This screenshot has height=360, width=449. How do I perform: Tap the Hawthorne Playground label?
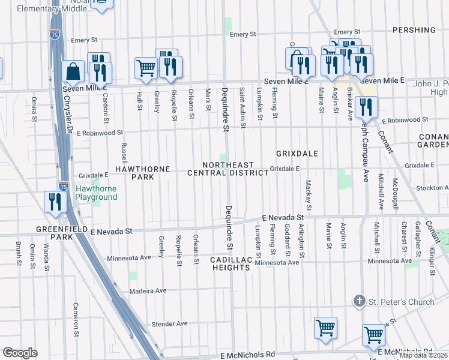96,193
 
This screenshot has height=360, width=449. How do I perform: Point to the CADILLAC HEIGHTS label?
230,263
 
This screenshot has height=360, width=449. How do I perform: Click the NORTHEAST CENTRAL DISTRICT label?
228,169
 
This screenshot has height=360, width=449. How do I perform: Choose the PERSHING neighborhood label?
414,30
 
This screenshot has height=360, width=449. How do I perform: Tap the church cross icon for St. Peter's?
359,301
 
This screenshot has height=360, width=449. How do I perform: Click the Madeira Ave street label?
148,291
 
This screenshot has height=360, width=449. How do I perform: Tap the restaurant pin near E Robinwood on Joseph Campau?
365,107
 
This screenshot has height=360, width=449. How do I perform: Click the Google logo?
20,353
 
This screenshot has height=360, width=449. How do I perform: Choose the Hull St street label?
139,101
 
